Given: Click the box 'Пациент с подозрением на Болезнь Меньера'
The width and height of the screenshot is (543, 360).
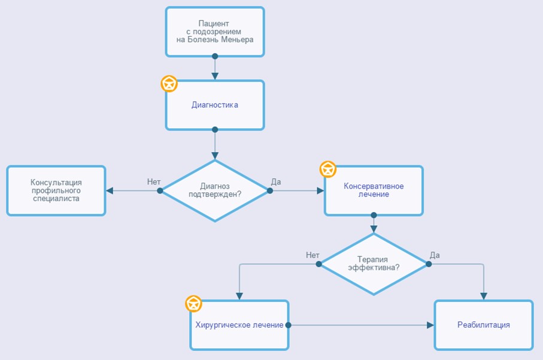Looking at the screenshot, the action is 215,32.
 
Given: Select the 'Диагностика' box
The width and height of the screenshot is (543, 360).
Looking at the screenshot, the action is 215,105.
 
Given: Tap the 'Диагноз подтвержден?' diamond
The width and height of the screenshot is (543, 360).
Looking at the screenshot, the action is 215,190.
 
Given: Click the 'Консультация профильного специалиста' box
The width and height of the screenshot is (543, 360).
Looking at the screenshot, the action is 56,190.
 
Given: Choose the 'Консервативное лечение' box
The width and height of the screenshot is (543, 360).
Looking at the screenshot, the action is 374,190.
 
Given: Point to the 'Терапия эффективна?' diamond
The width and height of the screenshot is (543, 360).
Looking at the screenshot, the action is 374,264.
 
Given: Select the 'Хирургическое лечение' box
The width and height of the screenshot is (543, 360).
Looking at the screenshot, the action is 239,325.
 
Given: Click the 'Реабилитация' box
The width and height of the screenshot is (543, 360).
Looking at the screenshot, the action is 484,325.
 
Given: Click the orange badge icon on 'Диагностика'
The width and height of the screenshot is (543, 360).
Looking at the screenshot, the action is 169,84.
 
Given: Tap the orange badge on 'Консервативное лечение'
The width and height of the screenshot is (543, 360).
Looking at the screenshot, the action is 327,170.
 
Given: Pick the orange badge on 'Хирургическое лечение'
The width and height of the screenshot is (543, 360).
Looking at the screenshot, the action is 193,304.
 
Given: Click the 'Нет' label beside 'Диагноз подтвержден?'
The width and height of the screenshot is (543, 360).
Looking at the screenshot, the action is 154,182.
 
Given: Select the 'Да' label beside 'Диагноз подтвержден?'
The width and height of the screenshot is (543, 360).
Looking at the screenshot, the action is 276,182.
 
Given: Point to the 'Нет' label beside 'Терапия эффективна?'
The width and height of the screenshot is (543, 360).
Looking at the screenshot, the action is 313,255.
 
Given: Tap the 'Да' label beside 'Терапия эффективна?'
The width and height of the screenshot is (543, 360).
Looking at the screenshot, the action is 435,255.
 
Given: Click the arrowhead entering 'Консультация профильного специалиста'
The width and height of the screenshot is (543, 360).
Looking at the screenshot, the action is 110,190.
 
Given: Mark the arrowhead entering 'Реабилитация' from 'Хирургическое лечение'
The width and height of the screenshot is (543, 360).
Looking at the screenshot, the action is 430,325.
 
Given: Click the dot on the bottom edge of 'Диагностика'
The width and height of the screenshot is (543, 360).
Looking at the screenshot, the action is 215,129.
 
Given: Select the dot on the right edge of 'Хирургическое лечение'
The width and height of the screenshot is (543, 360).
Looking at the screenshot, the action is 288,325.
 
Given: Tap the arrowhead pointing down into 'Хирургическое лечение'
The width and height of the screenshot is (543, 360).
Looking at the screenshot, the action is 239,297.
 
